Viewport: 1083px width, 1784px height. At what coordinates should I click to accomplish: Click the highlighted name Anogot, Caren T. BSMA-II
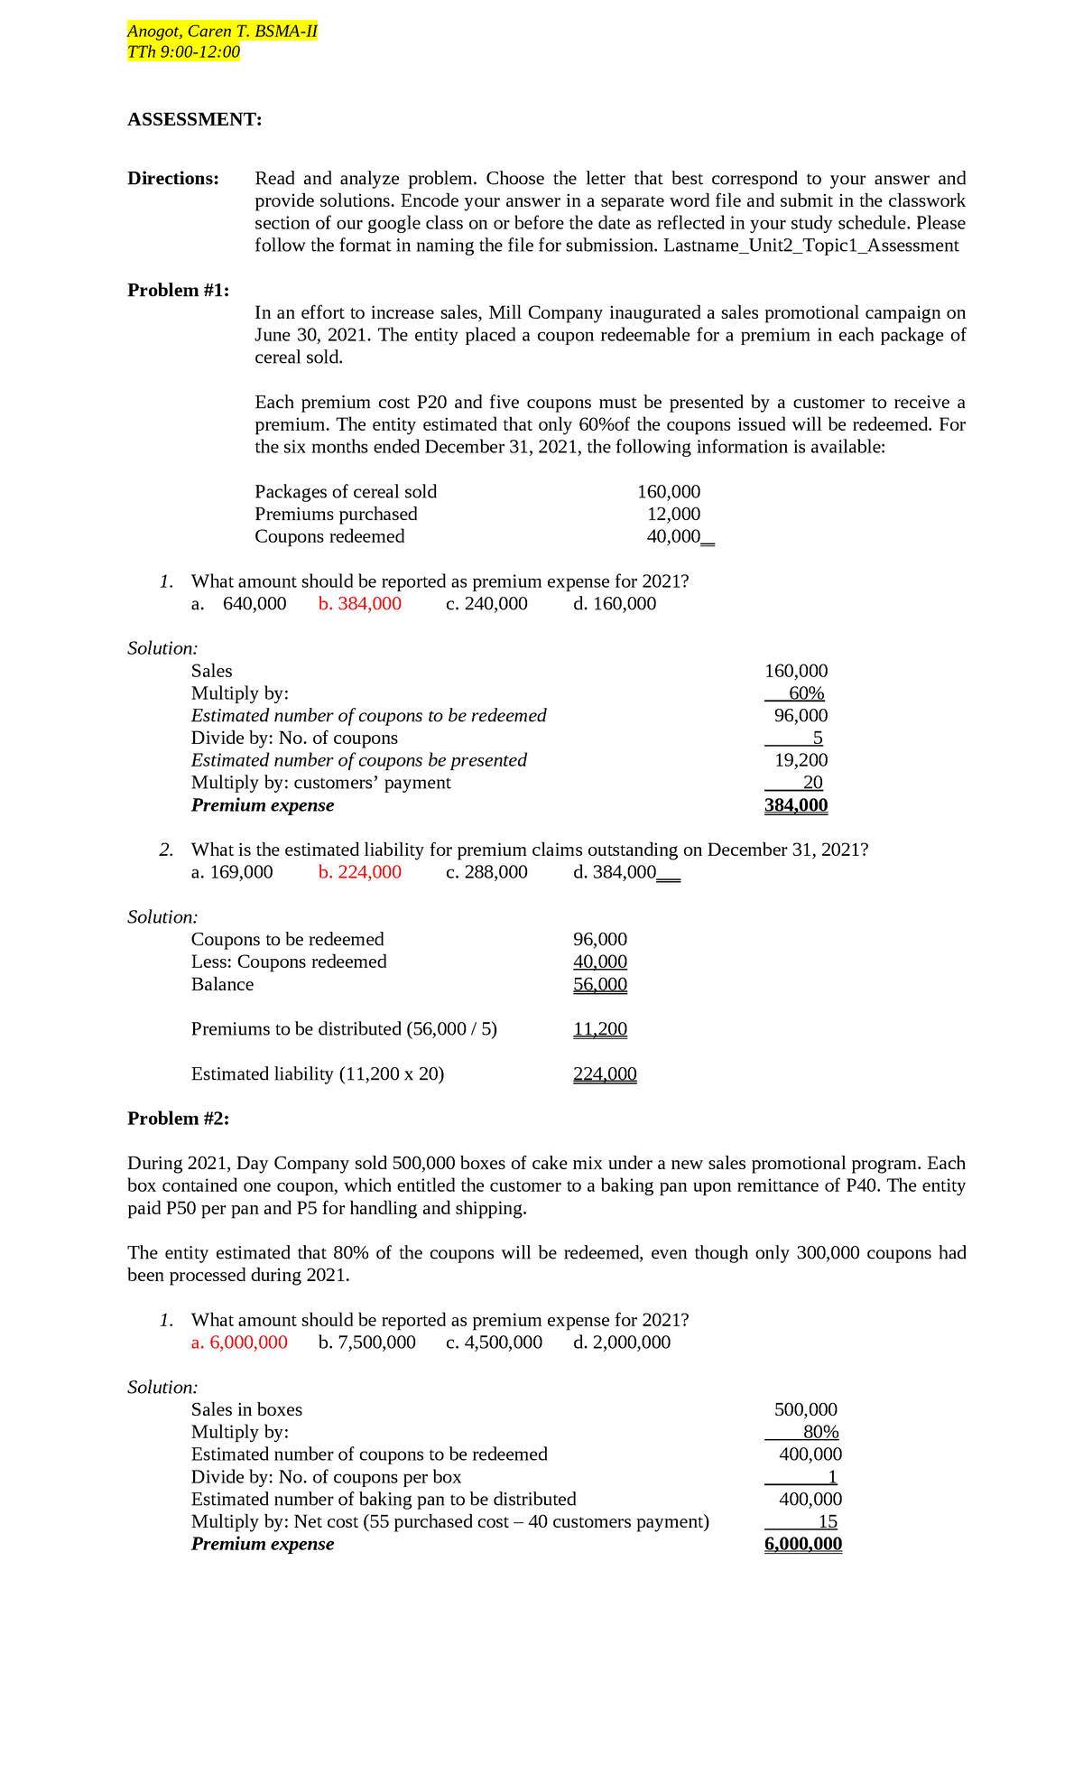point(222,32)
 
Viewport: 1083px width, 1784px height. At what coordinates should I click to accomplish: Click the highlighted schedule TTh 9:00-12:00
point(183,52)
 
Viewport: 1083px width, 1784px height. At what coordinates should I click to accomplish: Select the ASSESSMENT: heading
point(194,119)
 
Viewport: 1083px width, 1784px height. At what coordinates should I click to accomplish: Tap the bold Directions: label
point(173,178)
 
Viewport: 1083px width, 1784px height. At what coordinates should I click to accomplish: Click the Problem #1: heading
point(178,290)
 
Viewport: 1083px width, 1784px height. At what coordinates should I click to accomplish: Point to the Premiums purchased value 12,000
point(673,514)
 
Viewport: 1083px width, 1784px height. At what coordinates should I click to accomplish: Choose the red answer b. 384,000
point(359,603)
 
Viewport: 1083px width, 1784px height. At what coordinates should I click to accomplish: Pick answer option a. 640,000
point(239,603)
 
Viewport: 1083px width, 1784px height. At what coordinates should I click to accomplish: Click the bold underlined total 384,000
point(795,805)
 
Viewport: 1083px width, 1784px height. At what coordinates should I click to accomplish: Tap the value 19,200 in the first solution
point(801,760)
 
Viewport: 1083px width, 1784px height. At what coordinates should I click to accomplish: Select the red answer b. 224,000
point(359,872)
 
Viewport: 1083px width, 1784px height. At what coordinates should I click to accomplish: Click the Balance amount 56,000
point(600,984)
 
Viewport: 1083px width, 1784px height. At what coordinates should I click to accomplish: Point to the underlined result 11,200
point(600,1029)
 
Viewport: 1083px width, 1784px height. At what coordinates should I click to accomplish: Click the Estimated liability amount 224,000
point(605,1074)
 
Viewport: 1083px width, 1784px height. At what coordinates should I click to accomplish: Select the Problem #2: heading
point(178,1119)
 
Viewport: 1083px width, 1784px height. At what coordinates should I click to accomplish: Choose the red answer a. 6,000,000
point(239,1343)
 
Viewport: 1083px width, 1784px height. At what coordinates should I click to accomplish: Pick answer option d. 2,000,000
point(622,1343)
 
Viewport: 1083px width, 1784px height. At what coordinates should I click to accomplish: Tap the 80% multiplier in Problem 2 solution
point(820,1432)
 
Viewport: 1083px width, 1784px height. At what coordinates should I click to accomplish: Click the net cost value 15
point(828,1521)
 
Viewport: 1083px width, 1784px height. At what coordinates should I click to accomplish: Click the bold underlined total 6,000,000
point(802,1544)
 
